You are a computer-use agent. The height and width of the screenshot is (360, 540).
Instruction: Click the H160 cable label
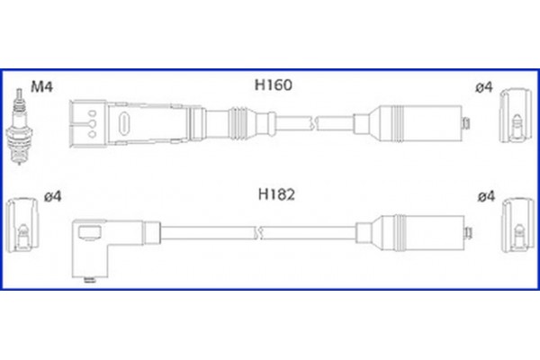pos(274,87)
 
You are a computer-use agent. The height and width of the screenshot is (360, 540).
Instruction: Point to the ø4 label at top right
pos(484,87)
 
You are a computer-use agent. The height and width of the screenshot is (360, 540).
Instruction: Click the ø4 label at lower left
pos(51,196)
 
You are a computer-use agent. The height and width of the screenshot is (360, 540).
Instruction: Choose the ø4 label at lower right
pos(484,194)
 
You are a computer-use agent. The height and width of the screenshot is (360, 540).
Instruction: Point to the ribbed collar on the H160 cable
pos(241,121)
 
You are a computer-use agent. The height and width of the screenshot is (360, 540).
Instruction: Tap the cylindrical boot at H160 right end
pos(415,122)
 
